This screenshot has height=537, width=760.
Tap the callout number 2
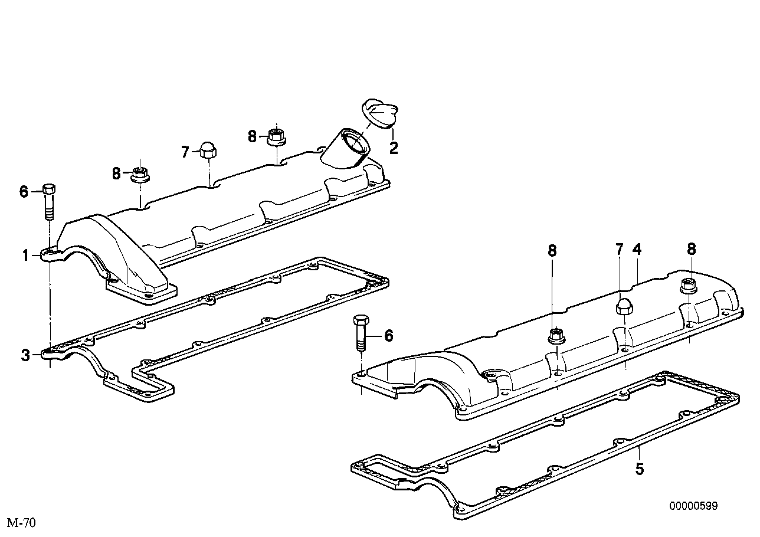pyautogui.click(x=394, y=148)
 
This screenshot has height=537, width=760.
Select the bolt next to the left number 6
pyautogui.click(x=50, y=201)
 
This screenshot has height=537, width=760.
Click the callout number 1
pyautogui.click(x=25, y=256)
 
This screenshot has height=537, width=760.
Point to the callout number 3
pyautogui.click(x=25, y=355)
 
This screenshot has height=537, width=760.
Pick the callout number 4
pyautogui.click(x=637, y=250)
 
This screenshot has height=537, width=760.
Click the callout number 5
pyautogui.click(x=640, y=469)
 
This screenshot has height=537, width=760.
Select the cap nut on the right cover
pyautogui.click(x=624, y=307)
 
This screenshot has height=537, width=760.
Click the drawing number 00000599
pyautogui.click(x=693, y=506)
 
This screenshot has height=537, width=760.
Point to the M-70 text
pyautogui.click(x=21, y=523)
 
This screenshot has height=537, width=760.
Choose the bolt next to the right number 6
pyautogui.click(x=361, y=333)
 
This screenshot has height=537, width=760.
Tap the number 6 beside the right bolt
pyautogui.click(x=388, y=336)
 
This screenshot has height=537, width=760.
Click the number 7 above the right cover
pyautogui.click(x=619, y=250)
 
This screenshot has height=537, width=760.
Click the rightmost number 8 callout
pyautogui.click(x=691, y=250)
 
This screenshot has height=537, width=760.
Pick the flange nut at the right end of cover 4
pyautogui.click(x=687, y=285)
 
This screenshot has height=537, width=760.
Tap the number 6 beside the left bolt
pyautogui.click(x=24, y=191)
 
